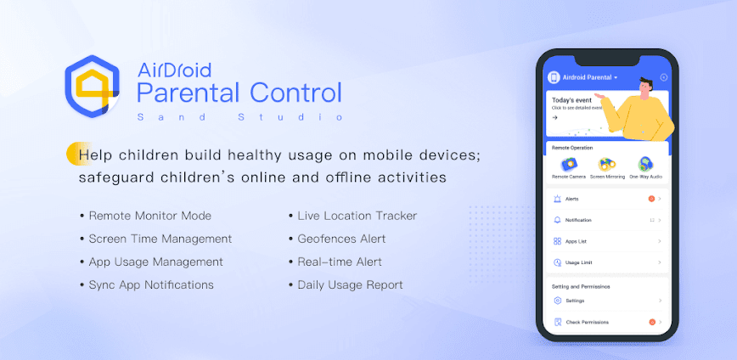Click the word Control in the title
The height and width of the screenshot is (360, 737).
[x=291, y=92]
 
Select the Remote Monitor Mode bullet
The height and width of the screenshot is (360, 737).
[x=149, y=216]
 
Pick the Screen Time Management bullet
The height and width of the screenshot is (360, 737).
[x=160, y=239]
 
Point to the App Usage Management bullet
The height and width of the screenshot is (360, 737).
[x=155, y=262]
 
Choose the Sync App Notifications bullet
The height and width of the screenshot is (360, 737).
[x=151, y=284]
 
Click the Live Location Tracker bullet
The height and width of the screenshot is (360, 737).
[x=357, y=216]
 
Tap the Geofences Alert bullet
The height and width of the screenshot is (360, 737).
[x=341, y=239]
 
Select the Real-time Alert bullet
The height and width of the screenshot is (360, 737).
[x=340, y=262]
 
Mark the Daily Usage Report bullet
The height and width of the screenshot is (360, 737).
[x=350, y=284]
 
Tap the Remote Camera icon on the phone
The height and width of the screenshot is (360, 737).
[x=568, y=164]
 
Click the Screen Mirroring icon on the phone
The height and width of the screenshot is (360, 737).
[x=607, y=164]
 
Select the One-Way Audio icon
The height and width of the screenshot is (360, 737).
[x=645, y=164]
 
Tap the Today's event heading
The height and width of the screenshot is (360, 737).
[x=571, y=100]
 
